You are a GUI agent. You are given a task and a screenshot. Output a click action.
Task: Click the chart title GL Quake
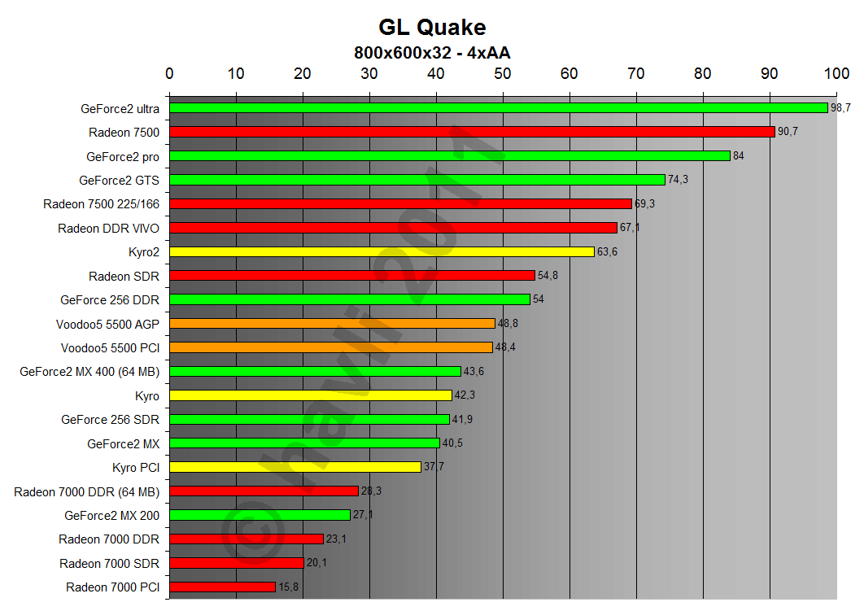(x=432, y=28)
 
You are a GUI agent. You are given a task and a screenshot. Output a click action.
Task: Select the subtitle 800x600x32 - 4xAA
(x=432, y=53)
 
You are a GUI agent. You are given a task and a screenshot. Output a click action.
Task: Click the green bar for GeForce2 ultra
(x=498, y=108)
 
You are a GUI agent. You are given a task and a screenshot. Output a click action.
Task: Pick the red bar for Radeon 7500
(x=472, y=132)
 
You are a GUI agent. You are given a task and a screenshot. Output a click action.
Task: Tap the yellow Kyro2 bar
(x=382, y=251)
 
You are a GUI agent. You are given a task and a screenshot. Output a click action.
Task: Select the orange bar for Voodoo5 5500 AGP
(x=332, y=324)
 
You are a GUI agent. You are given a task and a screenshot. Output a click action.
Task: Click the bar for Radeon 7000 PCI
(x=222, y=587)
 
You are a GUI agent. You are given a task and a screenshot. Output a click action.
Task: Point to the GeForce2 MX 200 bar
(x=260, y=515)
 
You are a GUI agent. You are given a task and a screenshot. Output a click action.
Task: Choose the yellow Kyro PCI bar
(x=295, y=467)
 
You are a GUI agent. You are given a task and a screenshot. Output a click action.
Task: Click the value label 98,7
(x=840, y=108)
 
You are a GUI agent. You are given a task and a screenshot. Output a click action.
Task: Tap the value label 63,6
(x=608, y=251)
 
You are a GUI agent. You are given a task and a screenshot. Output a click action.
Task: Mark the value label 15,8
(x=289, y=587)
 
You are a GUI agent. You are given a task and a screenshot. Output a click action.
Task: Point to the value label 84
(x=739, y=155)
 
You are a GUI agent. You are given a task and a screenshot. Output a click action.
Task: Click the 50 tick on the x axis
(x=503, y=74)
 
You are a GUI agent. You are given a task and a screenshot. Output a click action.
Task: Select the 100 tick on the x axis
(x=836, y=74)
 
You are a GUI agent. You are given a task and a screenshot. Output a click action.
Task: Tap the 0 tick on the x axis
(x=169, y=74)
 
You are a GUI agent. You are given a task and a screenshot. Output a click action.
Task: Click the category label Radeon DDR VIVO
(x=108, y=228)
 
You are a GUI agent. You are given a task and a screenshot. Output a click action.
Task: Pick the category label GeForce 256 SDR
(x=110, y=420)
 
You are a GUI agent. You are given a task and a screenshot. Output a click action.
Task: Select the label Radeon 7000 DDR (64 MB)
(x=86, y=491)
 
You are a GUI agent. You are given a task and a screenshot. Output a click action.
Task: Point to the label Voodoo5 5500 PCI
(x=110, y=347)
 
